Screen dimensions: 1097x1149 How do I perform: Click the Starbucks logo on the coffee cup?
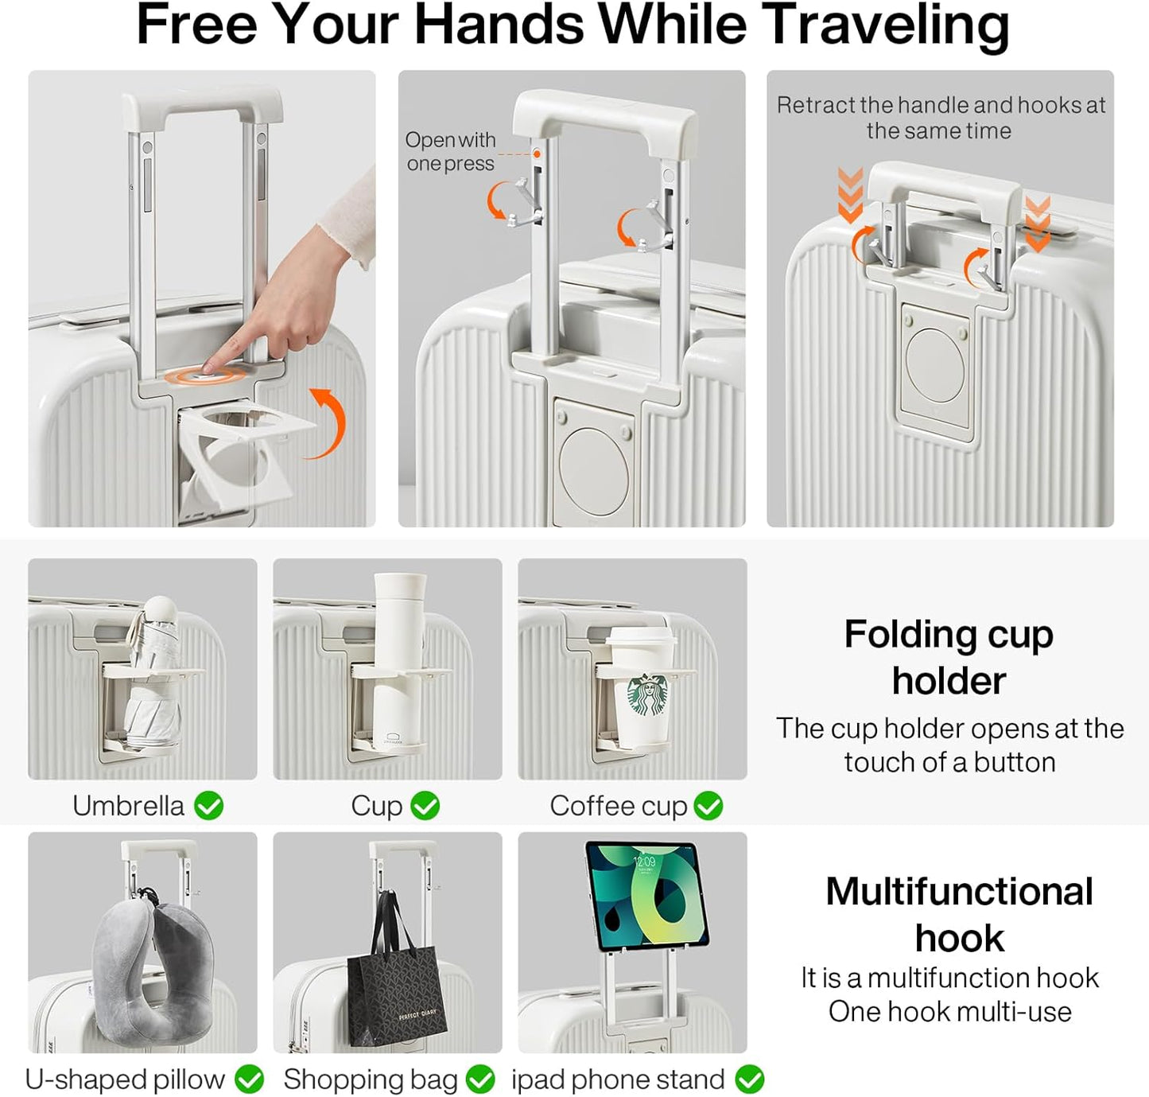click(648, 695)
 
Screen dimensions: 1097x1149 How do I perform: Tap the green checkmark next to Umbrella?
click(209, 806)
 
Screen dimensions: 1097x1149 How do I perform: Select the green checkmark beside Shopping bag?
click(480, 1079)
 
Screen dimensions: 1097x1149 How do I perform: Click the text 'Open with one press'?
click(450, 151)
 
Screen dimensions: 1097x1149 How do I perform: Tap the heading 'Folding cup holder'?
click(949, 657)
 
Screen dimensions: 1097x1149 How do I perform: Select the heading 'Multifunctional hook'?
click(959, 914)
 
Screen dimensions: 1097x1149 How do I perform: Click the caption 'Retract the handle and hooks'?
click(941, 117)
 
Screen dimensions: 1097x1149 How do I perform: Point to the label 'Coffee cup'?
click(618, 806)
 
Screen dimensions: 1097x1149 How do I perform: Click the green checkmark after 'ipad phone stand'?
click(749, 1079)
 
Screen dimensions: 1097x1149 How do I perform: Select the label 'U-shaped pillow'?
click(125, 1079)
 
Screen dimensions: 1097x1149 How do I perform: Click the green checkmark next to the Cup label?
click(425, 806)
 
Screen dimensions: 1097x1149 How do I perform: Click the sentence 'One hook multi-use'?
click(949, 1012)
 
